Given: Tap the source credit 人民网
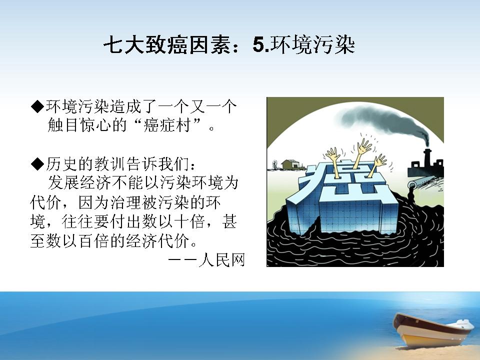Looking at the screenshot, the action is pyautogui.click(x=221, y=260).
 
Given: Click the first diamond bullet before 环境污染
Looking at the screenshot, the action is pyautogui.click(x=37, y=106).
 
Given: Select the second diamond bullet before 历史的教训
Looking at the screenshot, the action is pyautogui.click(x=37, y=164).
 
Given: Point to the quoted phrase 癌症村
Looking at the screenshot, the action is pyautogui.click(x=167, y=125).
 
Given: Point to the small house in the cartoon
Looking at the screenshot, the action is pyautogui.click(x=290, y=164).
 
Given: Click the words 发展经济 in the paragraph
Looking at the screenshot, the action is pyautogui.click(x=79, y=183).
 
